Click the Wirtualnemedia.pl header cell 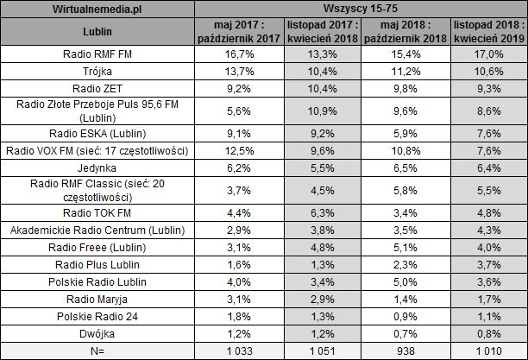tap(97, 8)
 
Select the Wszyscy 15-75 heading tap(361, 8)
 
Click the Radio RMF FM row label tap(97, 54)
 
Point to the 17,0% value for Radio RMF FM tap(487, 54)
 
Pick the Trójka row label tap(97, 71)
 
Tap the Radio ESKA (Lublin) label tap(97, 134)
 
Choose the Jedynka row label tap(97, 167)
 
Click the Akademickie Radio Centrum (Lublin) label tap(97, 230)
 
